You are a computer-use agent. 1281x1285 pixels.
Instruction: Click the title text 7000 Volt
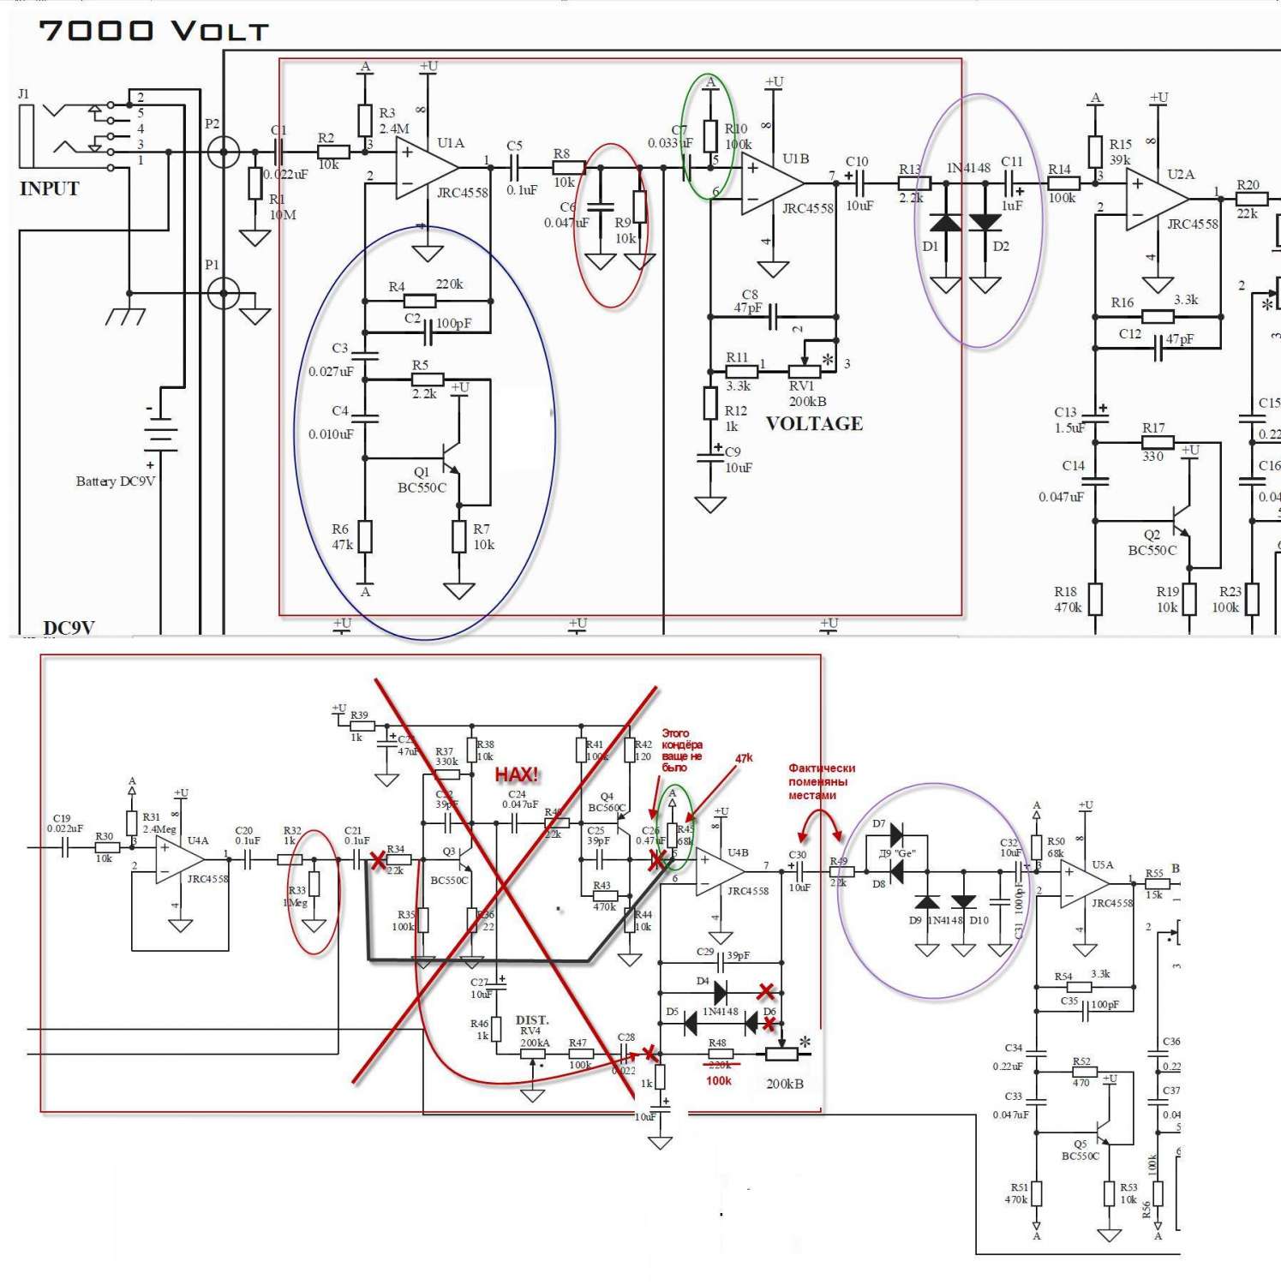154,31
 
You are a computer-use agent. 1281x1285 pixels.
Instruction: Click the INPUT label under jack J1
49,188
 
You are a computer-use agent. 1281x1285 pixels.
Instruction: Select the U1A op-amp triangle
423,168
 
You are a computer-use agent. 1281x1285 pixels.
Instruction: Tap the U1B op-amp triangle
769,182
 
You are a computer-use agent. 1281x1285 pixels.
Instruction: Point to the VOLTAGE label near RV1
814,423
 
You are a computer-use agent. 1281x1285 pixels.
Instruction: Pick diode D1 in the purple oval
945,223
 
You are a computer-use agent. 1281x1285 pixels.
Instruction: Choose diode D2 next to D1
985,223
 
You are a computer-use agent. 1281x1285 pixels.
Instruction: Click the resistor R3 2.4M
365,121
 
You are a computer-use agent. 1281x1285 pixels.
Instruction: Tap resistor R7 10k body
459,536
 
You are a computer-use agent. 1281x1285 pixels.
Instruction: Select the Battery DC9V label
116,481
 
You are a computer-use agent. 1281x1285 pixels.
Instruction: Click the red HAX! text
517,774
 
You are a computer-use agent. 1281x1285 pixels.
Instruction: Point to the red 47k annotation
744,758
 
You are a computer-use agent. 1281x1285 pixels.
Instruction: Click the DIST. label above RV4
532,1019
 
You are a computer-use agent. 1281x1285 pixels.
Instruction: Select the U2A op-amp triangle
1153,200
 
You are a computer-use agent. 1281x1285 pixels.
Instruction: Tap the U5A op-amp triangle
1080,884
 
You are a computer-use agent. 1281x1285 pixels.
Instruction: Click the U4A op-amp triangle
177,859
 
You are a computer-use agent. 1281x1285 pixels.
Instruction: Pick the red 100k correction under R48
719,1081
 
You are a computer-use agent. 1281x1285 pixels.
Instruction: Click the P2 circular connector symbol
224,152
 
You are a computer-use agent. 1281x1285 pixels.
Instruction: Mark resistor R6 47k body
365,536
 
